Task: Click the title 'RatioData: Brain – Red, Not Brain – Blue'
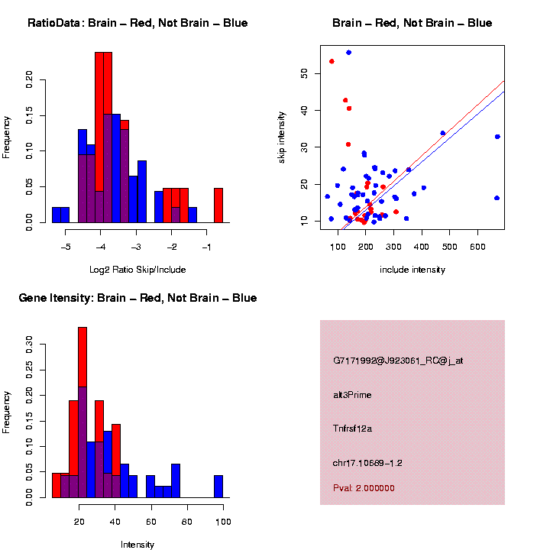point(137,23)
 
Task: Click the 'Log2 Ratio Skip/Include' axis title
point(137,269)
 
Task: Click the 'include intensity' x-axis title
point(412,269)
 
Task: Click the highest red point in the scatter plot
point(332,61)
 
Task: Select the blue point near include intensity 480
point(442,133)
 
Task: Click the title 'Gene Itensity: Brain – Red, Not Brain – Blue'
point(137,298)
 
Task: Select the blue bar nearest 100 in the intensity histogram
point(218,487)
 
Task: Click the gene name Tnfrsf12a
point(352,429)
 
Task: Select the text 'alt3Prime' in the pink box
point(352,395)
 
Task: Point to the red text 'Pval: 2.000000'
point(364,488)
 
